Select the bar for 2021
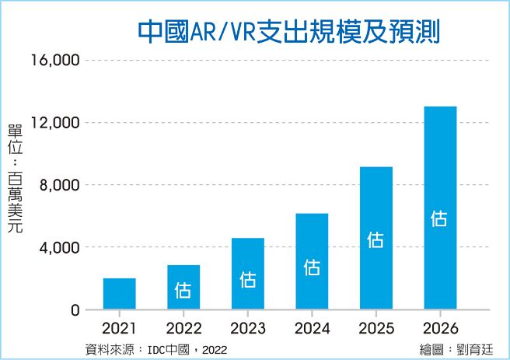119,294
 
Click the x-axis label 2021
119,327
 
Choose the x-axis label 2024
312,327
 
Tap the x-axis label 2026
440,327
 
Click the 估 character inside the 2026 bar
440,218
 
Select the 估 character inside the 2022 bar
183,290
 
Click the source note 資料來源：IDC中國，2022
155,349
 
